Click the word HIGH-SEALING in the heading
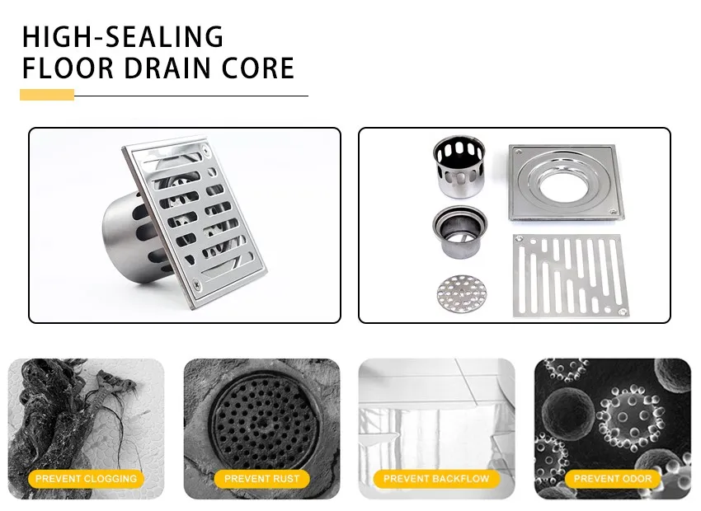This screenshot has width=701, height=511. click(122, 36)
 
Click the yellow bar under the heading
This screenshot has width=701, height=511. click(46, 95)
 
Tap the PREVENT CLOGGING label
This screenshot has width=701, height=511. click(87, 478)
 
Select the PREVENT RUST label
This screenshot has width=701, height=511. click(261, 478)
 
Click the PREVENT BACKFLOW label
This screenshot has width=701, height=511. click(436, 478)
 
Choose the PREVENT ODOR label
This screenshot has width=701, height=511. click(612, 478)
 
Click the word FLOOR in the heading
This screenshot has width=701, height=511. click(69, 68)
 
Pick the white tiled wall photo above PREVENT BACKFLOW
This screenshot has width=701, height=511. click(436, 412)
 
